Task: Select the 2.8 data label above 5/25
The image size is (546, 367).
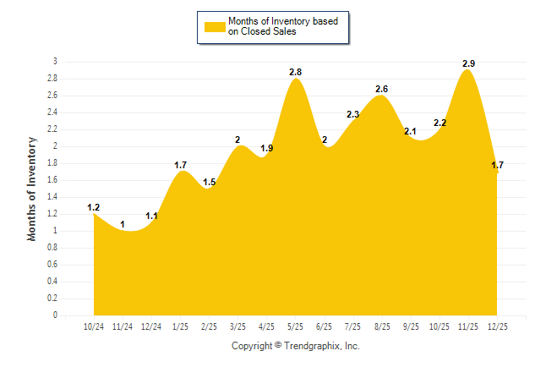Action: (295, 72)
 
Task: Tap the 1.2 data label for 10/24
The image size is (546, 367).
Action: (94, 207)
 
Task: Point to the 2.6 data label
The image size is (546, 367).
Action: (381, 89)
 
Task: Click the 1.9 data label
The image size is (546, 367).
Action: (266, 148)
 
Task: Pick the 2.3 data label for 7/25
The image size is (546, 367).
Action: (352, 114)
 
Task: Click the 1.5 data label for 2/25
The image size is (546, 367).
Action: (209, 182)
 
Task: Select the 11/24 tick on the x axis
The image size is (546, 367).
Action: (123, 326)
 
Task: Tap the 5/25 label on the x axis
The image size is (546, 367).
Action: (295, 326)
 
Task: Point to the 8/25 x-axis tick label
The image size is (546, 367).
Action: (381, 326)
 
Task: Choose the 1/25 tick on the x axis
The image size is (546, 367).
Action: (180, 326)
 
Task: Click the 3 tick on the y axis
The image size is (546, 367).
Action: (55, 62)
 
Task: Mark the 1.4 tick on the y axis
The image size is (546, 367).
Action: (52, 197)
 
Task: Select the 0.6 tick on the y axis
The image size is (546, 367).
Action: (52, 265)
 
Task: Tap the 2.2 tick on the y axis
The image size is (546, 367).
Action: (52, 129)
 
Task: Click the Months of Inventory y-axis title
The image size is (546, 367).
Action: (32, 188)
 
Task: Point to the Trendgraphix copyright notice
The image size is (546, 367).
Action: (296, 346)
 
